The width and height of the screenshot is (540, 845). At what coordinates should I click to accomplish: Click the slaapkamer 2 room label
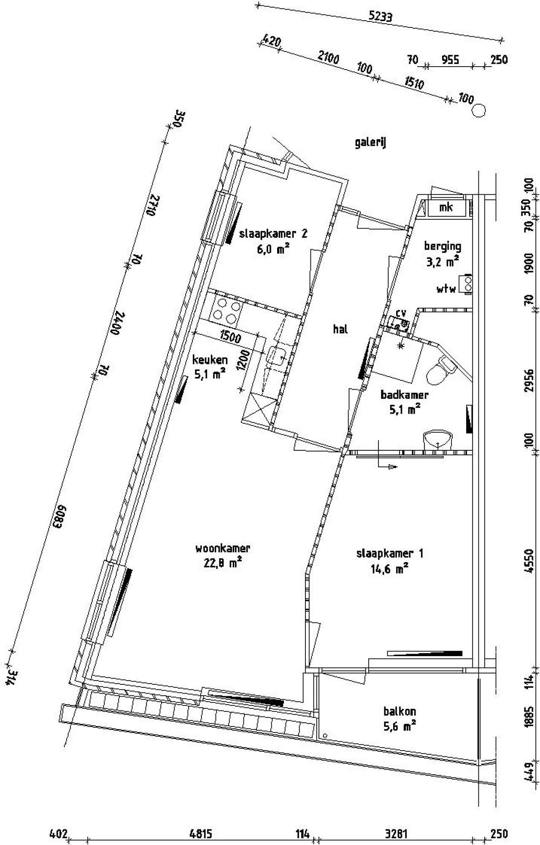273,234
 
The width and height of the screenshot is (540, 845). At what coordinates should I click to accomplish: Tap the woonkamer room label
223,549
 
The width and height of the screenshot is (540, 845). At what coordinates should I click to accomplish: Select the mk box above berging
446,207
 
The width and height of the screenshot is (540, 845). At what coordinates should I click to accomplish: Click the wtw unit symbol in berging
467,283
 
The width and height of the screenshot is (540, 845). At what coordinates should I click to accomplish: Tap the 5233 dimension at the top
380,16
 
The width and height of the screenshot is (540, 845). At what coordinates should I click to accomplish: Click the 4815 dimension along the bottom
201,834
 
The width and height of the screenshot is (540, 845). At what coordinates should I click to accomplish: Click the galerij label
370,143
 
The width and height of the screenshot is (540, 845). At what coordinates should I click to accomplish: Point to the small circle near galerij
478,111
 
